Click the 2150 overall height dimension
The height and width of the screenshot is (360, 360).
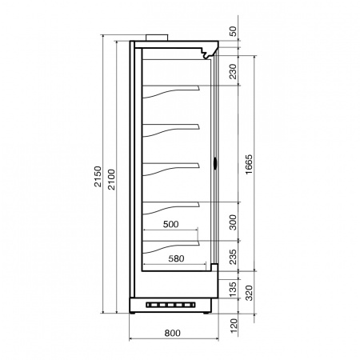pyautogui.click(x=98, y=176)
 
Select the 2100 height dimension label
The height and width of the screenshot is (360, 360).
pyautogui.click(x=111, y=179)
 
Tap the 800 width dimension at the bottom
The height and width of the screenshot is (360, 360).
pyautogui.click(x=172, y=333)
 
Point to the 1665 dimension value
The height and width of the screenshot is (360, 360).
pyautogui.click(x=249, y=164)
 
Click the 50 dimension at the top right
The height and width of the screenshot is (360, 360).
pyautogui.click(x=233, y=31)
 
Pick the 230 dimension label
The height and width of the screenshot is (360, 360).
pyautogui.click(x=233, y=71)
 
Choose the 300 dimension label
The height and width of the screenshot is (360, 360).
pyautogui.click(x=233, y=222)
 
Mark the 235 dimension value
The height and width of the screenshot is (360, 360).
pyautogui.click(x=233, y=257)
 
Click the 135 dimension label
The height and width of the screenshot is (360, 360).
pyautogui.click(x=233, y=289)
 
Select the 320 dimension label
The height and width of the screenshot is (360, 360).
pyautogui.click(x=249, y=293)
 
